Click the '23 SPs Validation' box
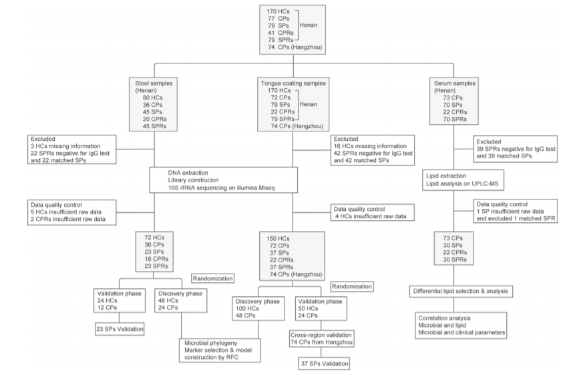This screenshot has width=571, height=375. click(x=120, y=329)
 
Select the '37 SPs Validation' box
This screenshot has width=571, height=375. click(x=325, y=363)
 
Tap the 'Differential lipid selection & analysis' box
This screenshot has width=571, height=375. click(x=461, y=291)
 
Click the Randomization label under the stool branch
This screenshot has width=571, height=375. click(x=212, y=278)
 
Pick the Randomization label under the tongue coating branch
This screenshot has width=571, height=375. click(x=352, y=286)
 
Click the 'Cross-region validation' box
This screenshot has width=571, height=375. click(x=321, y=338)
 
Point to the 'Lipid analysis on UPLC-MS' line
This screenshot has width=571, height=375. click(x=462, y=183)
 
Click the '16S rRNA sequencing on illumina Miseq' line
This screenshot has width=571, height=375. click(x=222, y=187)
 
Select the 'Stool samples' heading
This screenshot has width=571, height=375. click(x=154, y=83)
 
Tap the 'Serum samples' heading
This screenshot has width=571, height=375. click(x=455, y=83)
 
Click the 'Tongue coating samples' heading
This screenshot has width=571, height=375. click(x=293, y=83)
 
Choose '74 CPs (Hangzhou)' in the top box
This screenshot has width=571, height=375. click(x=295, y=47)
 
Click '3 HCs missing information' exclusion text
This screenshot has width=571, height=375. click(x=65, y=146)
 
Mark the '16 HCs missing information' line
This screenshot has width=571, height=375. click(x=370, y=146)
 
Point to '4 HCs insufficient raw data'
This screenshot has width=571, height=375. click(x=371, y=216)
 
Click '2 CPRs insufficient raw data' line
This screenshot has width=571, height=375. click(x=68, y=219)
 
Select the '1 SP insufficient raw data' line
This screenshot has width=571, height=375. click(x=510, y=212)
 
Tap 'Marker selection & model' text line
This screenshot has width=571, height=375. click(x=218, y=350)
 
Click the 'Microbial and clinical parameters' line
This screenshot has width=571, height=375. click(x=461, y=332)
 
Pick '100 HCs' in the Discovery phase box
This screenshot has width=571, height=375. click(x=247, y=308)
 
